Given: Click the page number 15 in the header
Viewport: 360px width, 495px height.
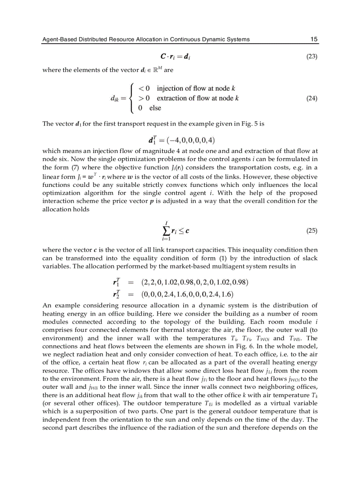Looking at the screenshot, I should coord(314,39).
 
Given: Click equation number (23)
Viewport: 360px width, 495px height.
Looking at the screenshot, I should coord(311,56).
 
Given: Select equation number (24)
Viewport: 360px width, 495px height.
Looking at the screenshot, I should coord(311,98).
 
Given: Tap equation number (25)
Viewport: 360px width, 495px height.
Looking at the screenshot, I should coord(311,231).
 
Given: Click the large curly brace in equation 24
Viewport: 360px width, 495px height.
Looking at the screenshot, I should coord(131,98).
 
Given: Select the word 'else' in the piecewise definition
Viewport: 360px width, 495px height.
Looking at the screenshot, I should coord(155,108).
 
